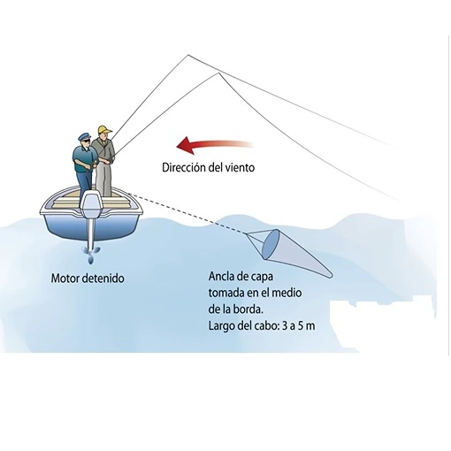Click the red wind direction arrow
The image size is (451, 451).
click(215, 144)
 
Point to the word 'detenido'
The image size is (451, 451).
click(103, 278)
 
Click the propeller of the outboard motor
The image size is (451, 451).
click(91, 254)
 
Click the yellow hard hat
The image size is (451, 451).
click(104, 130)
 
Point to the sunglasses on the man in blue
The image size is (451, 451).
click(87, 141)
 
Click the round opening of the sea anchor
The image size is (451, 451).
click(271, 244)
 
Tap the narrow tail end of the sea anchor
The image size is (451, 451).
click(330, 275)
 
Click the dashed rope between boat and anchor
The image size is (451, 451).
click(187, 213)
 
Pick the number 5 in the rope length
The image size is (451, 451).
click(300, 326)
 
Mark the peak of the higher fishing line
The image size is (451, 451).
click(188, 55)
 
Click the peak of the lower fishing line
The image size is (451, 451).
click(218, 73)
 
